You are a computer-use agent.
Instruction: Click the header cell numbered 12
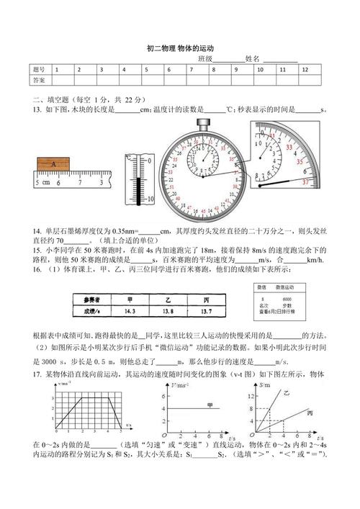tap(305, 70)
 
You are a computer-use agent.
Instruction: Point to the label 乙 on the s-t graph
tap(292, 393)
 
